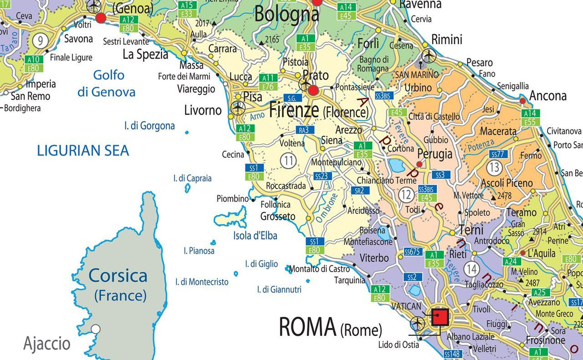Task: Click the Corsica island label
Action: coord(118,276)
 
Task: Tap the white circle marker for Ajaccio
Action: coord(95,329)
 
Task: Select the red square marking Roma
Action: coord(440,317)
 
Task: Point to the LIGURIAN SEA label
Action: coord(83,151)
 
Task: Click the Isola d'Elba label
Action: coord(255,236)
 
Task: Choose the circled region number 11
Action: coord(288,161)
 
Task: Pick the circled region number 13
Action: coord(494,167)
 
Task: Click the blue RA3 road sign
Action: coord(304,130)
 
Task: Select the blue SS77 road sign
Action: coord(497,154)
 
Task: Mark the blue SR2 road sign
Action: coord(361,190)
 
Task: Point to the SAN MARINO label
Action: coord(417,75)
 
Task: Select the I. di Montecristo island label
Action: coord(202,282)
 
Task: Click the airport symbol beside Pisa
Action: coord(238,107)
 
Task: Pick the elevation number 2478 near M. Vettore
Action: coord(504,196)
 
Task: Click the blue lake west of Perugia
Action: coord(396,165)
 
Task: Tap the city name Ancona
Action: coord(548,96)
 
